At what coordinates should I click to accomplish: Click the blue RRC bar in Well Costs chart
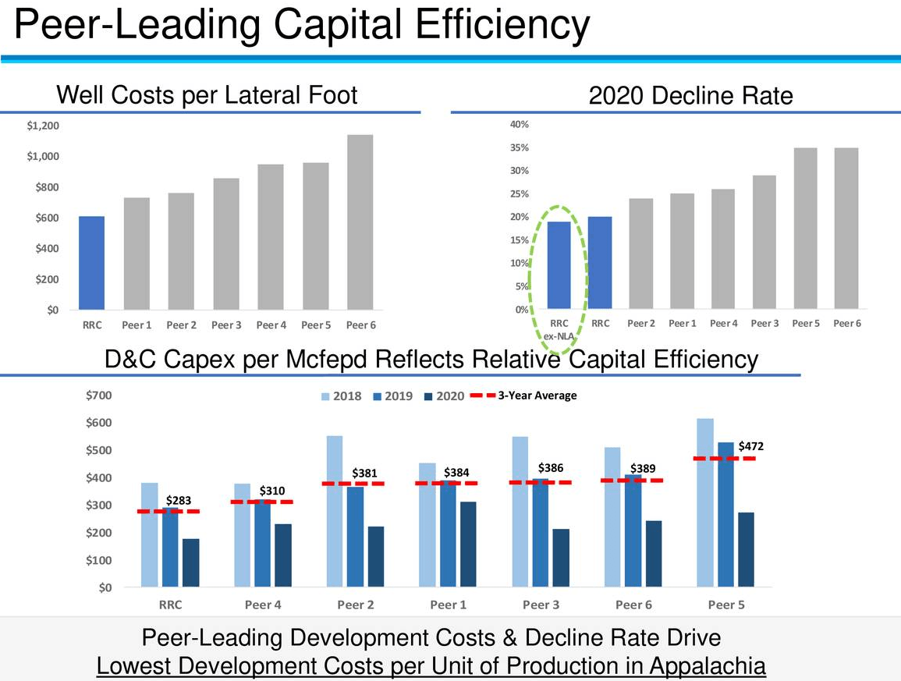pyautogui.click(x=91, y=263)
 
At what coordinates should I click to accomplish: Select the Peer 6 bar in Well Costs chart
pyautogui.click(x=360, y=222)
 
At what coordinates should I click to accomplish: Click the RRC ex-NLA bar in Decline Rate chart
pyautogui.click(x=559, y=265)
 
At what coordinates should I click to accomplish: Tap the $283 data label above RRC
pyautogui.click(x=179, y=500)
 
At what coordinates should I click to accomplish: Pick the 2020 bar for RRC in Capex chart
pyautogui.click(x=191, y=562)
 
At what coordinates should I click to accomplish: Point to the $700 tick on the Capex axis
pyautogui.click(x=99, y=395)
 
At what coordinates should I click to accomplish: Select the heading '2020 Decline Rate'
pyautogui.click(x=690, y=95)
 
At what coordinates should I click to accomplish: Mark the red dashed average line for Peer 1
pyautogui.click(x=448, y=484)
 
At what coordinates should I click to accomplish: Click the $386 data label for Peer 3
pyautogui.click(x=551, y=469)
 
